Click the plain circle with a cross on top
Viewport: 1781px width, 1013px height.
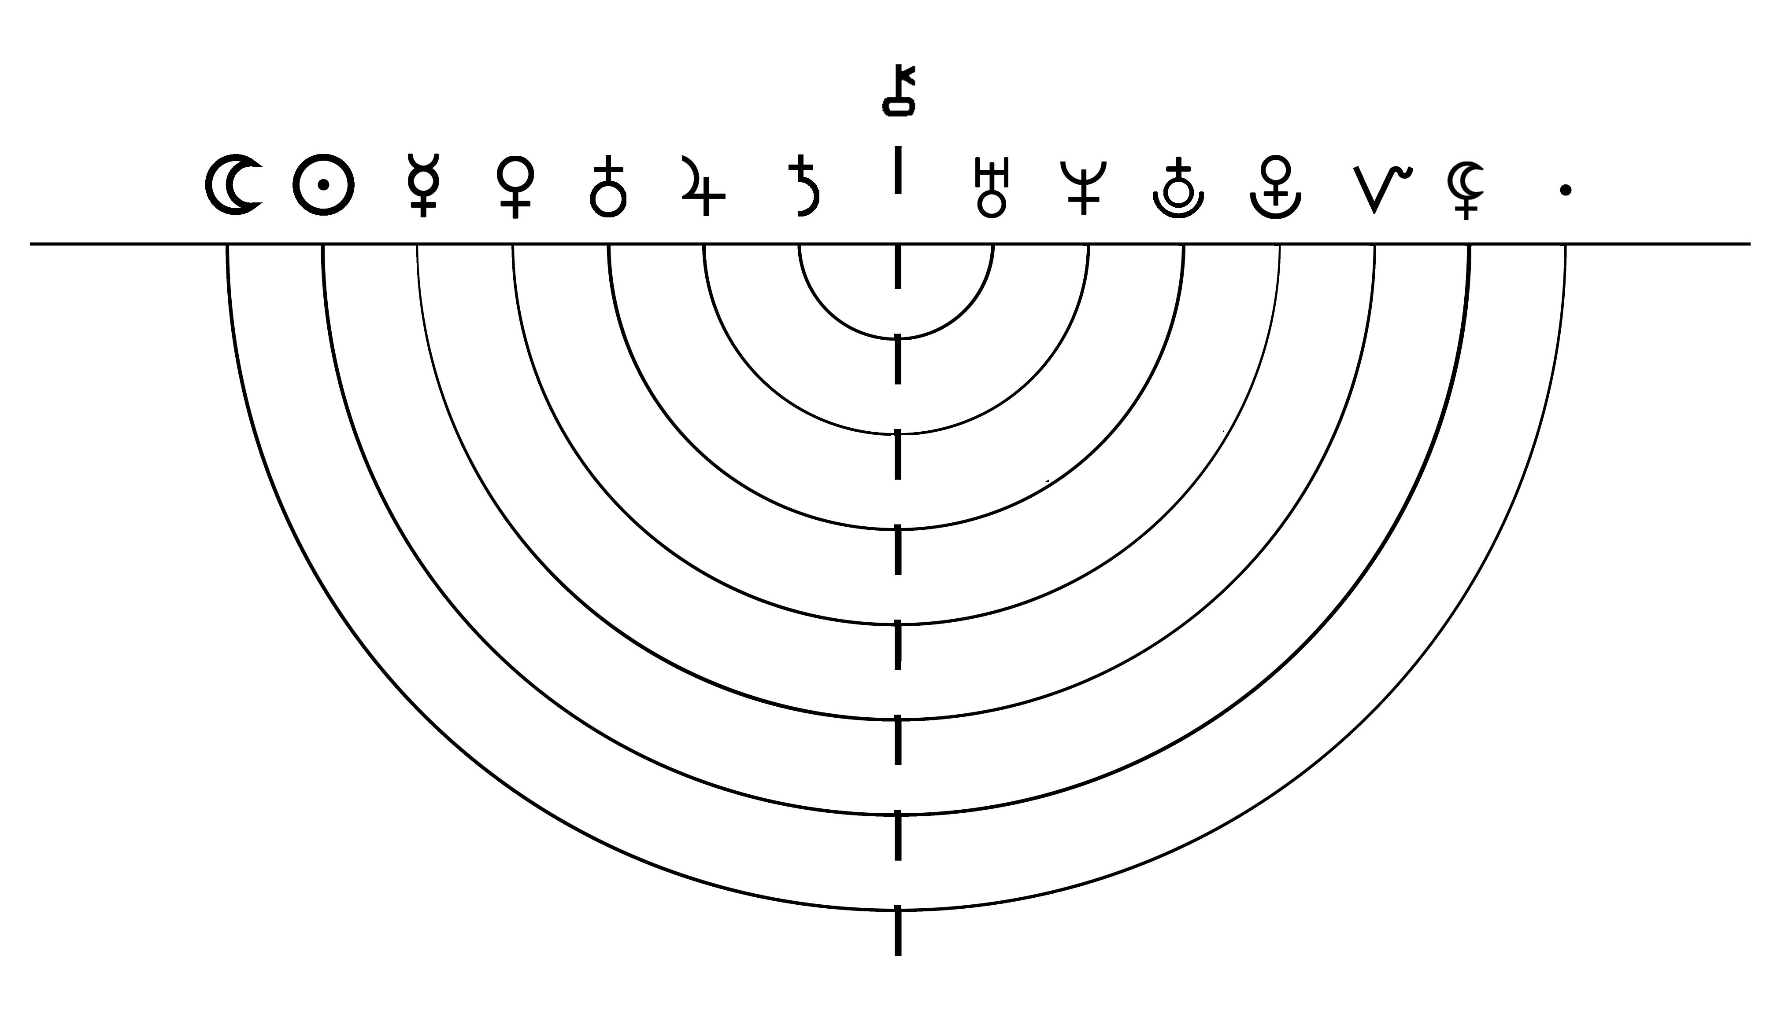click(608, 185)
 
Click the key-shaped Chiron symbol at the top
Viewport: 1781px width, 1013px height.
click(899, 91)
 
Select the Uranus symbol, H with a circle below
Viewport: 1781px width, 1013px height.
click(992, 187)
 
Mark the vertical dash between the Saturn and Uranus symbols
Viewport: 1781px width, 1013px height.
click(898, 170)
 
